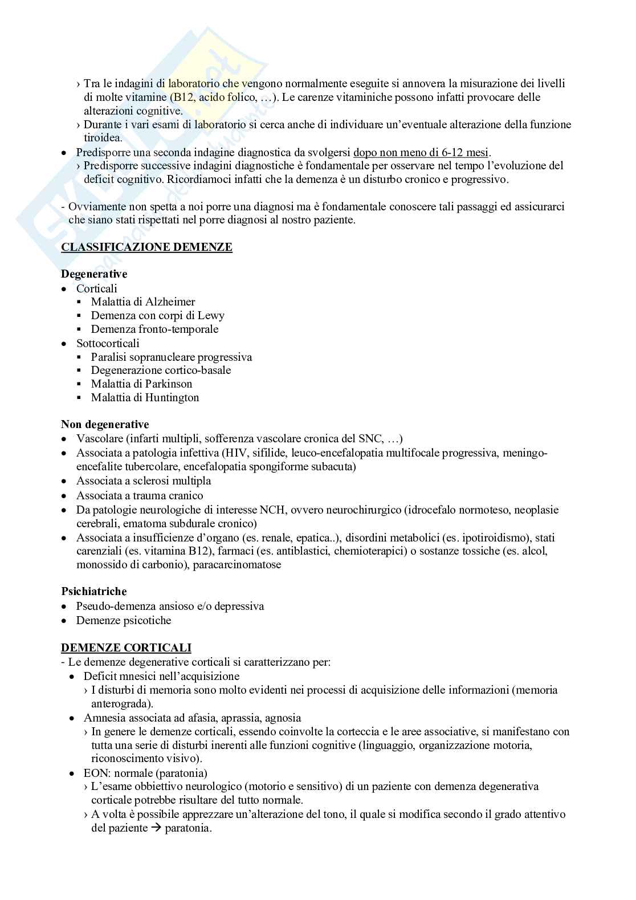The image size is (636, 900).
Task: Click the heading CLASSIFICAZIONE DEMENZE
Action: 146,247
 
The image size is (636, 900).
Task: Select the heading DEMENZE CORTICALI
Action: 126,648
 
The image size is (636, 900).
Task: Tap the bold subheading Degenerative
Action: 94,275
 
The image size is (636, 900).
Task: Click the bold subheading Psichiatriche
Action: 94,592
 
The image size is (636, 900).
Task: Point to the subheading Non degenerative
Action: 105,425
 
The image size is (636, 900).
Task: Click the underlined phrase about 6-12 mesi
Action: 421,152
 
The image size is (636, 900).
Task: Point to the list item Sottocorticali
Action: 108,343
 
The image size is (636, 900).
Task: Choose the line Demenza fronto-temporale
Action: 154,329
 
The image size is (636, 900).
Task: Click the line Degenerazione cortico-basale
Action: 161,370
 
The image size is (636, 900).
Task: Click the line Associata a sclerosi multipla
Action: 144,480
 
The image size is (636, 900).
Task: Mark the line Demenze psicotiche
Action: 124,620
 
